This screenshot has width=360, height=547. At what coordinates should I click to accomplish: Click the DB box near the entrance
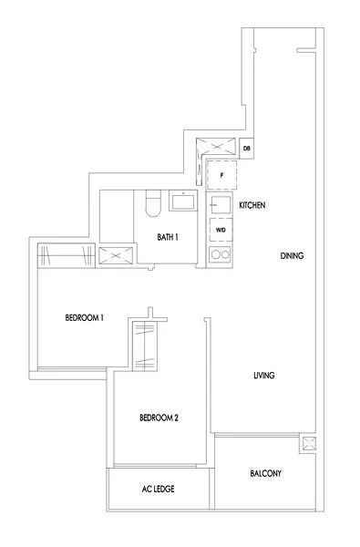tap(246, 149)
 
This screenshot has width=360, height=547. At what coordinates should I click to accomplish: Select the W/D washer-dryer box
tap(221, 230)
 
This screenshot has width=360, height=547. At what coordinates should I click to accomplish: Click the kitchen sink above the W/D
tap(219, 206)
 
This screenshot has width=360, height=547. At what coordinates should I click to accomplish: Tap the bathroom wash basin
tap(186, 201)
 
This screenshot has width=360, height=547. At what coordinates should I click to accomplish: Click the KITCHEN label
tap(252, 207)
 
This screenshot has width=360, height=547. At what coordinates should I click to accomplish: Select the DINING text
tap(292, 256)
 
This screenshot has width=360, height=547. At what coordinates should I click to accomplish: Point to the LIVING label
tap(264, 376)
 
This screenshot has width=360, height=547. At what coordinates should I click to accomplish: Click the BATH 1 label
tap(167, 236)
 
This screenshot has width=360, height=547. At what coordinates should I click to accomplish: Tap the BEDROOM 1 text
tap(86, 317)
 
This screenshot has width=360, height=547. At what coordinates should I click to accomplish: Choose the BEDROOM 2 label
tap(159, 418)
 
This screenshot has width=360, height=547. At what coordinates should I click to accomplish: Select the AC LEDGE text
tap(159, 490)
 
